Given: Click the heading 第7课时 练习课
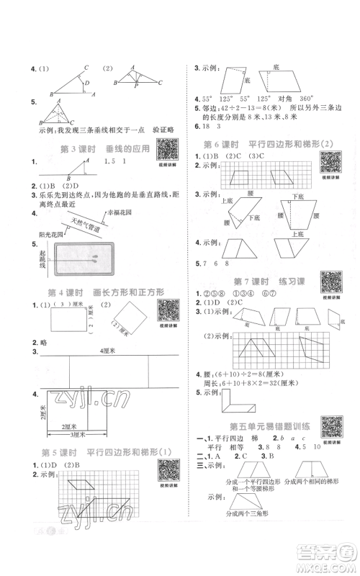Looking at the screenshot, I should pyautogui.click(x=260, y=280).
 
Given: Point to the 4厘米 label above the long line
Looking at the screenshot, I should pyautogui.click(x=108, y=348).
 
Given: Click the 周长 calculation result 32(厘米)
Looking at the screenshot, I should pyautogui.click(x=272, y=382).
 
